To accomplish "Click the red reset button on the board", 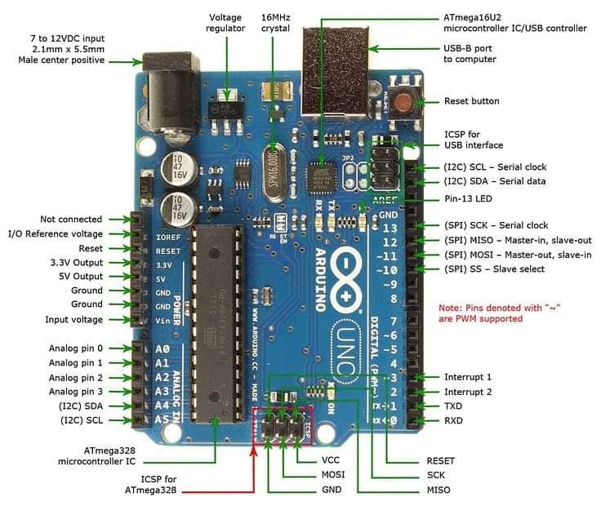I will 403,102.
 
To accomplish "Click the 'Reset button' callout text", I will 471,101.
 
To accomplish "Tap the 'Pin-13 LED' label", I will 468,199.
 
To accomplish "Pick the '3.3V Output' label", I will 77,263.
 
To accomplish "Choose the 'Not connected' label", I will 71,219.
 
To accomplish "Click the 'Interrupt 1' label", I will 467,377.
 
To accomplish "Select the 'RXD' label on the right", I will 455,421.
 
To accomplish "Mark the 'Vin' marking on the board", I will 162,320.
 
